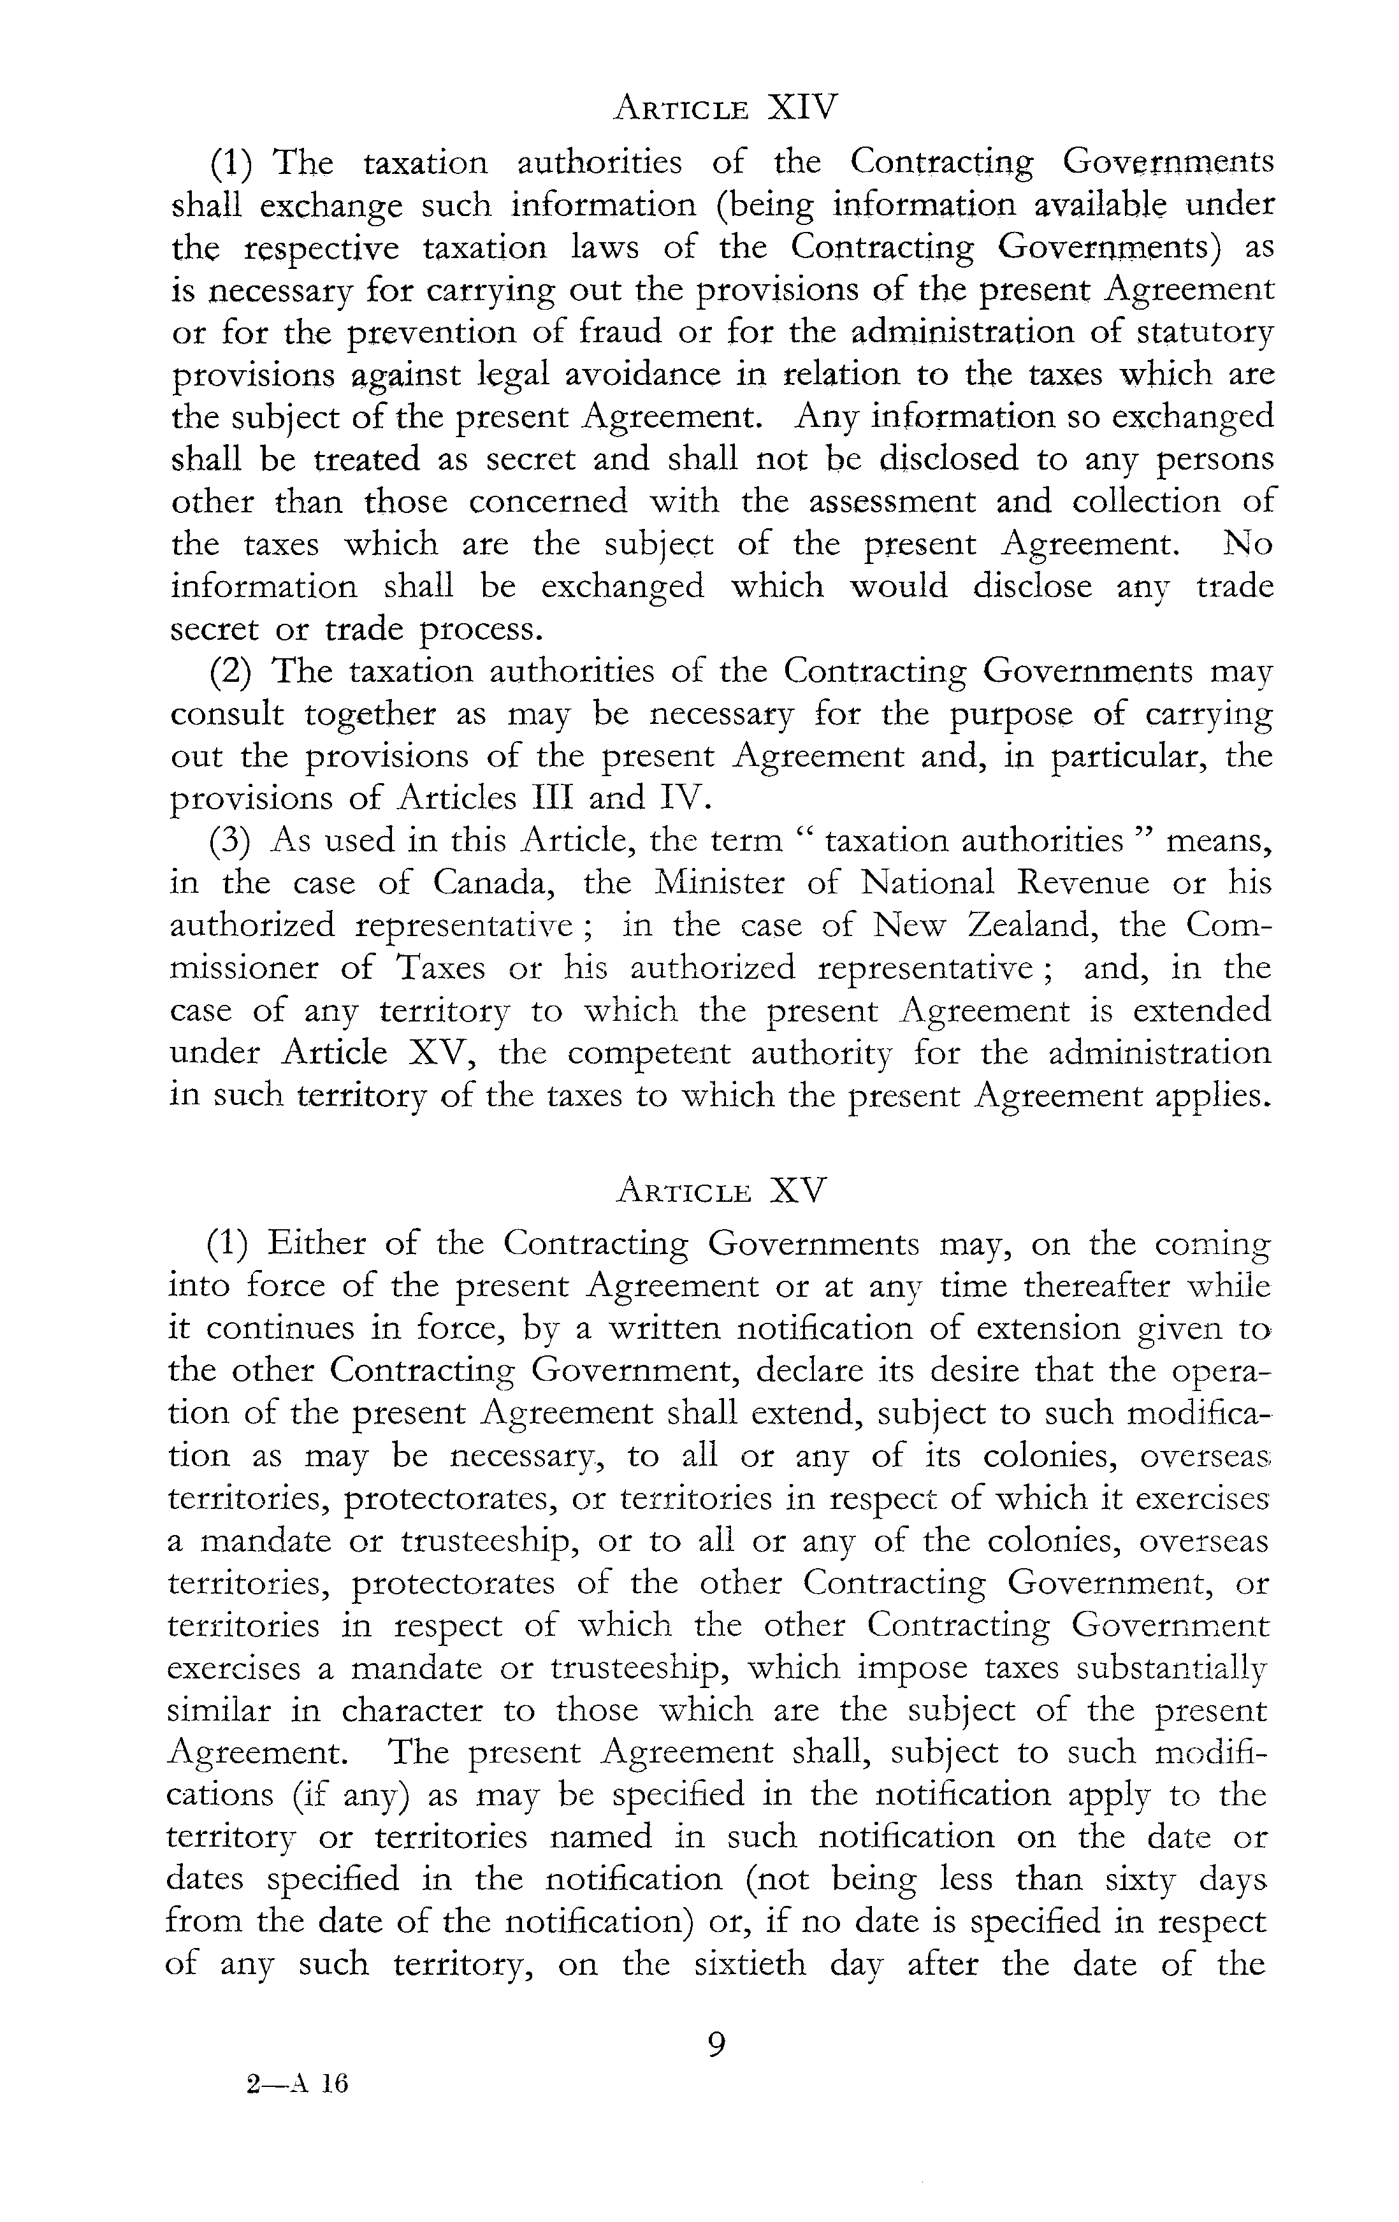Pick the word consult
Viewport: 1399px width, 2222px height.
point(227,714)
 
